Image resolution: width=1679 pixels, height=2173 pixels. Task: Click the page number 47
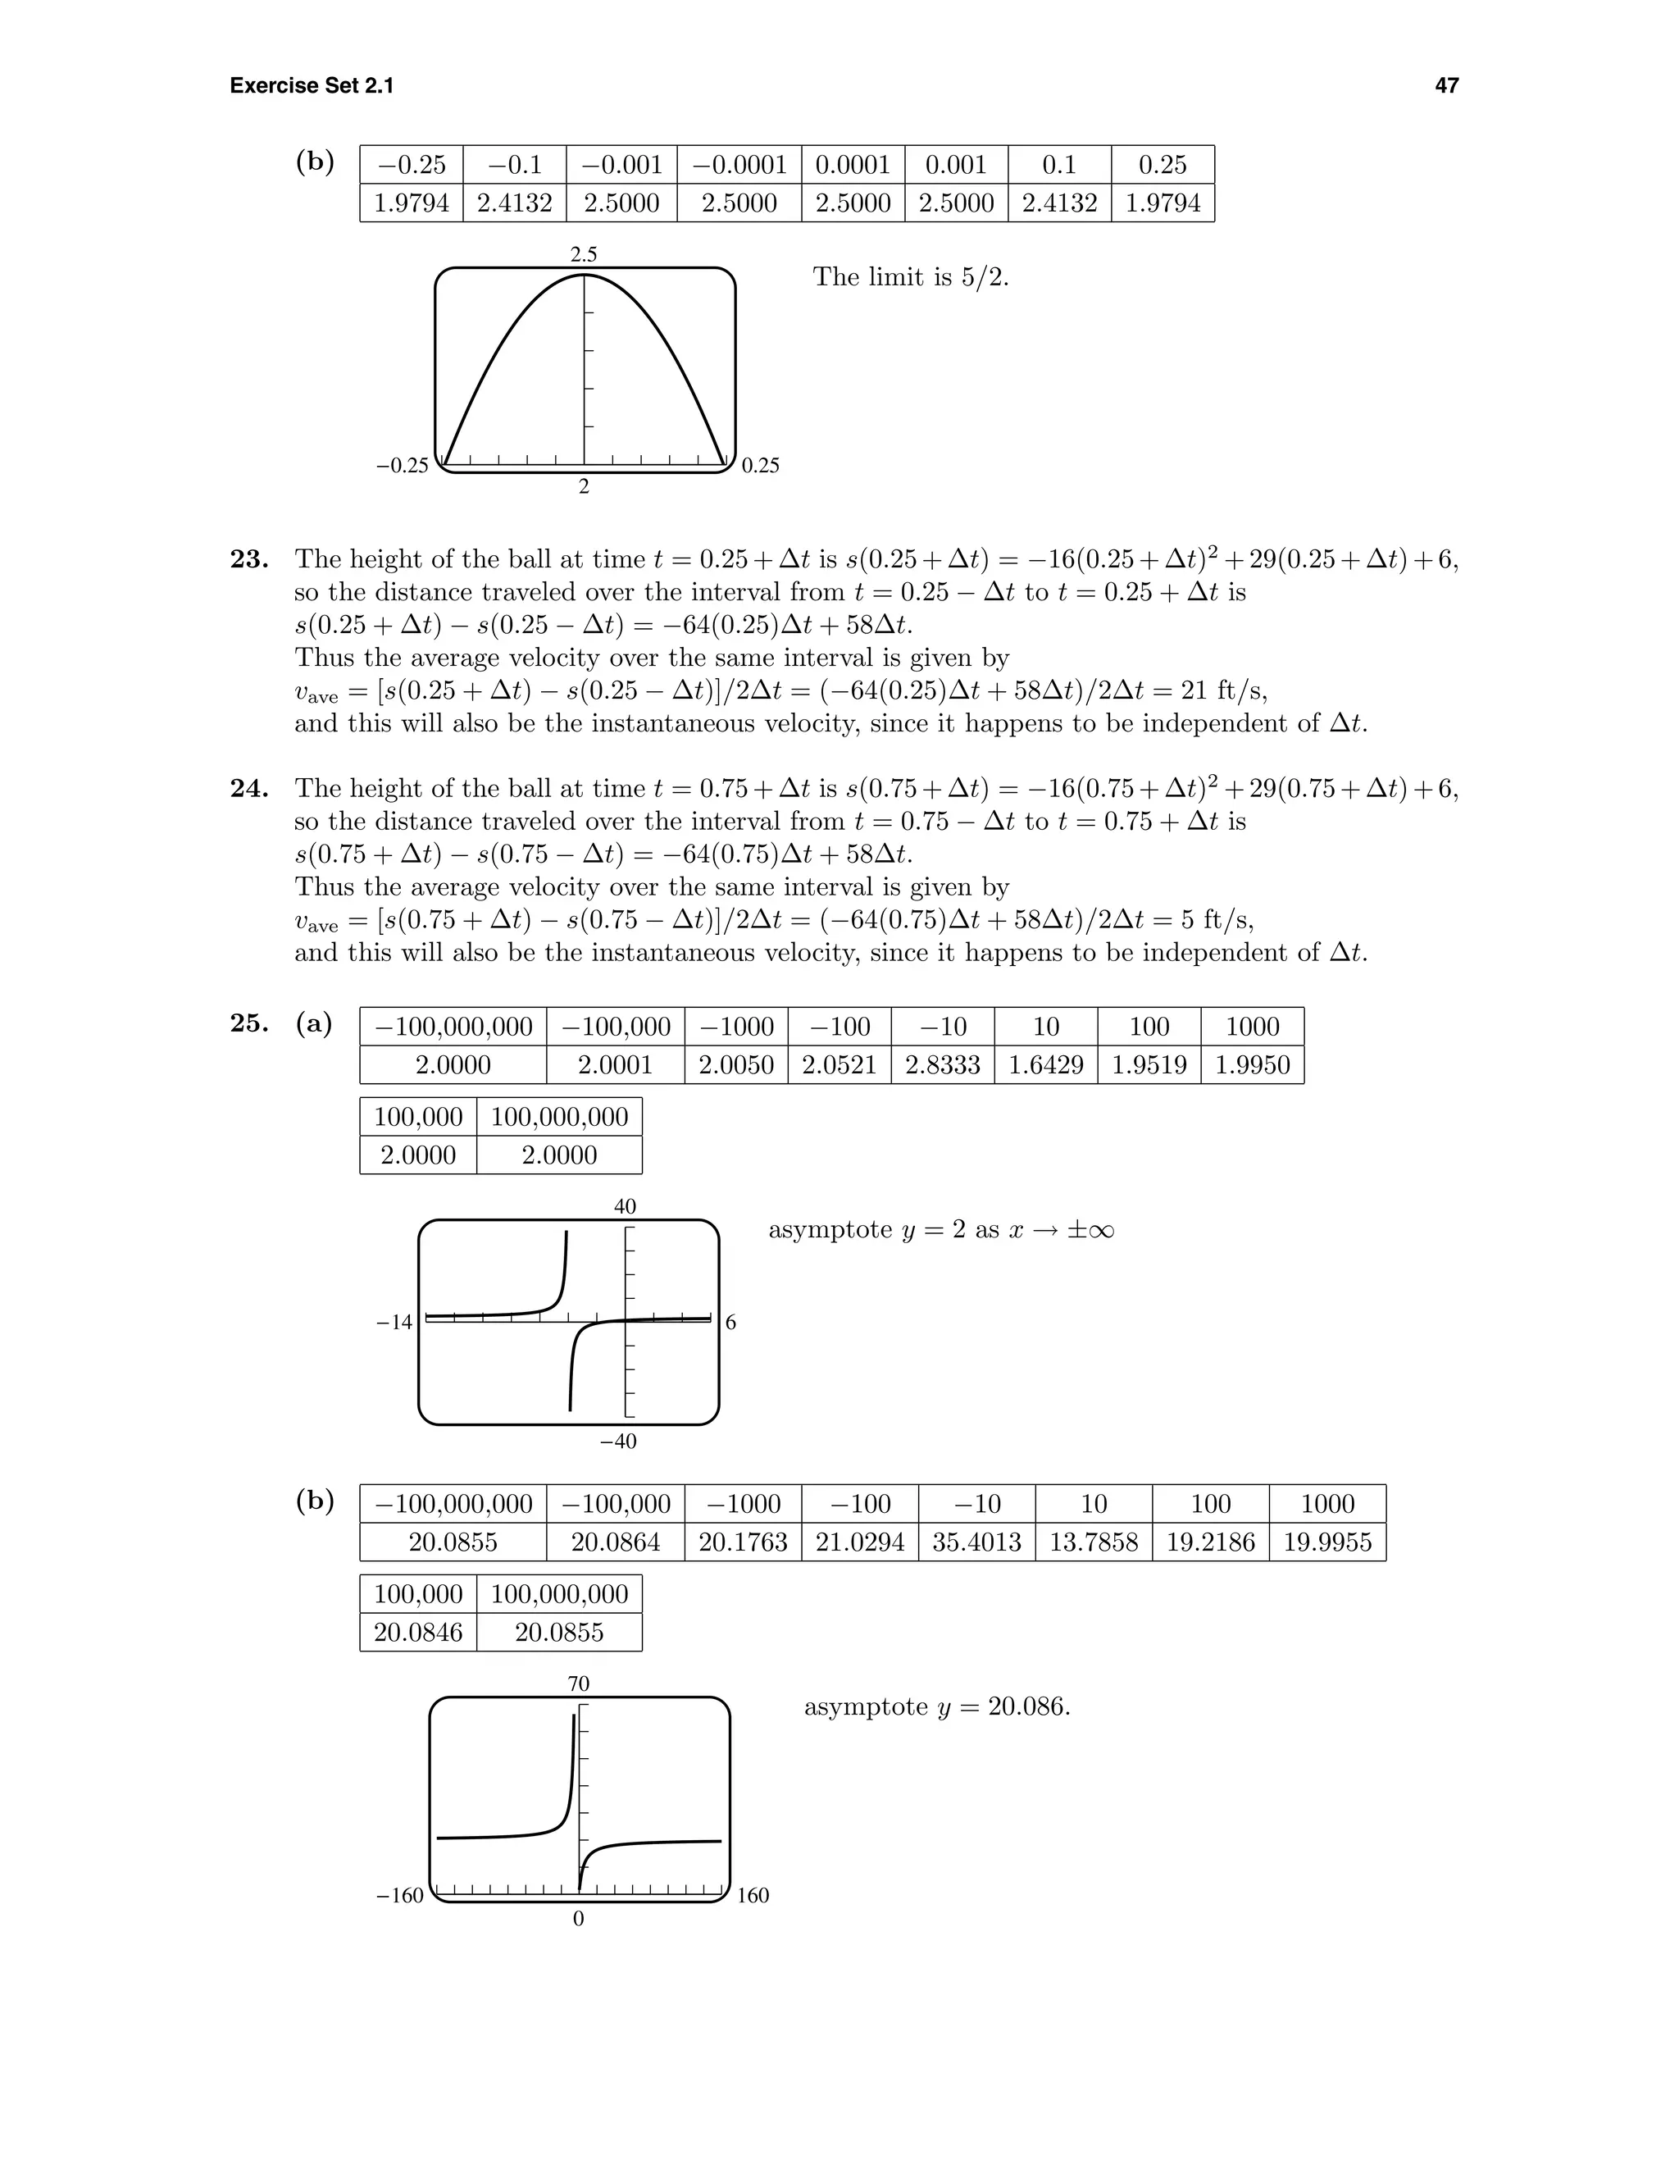point(1446,85)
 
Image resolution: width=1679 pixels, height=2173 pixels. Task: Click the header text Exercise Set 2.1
point(312,85)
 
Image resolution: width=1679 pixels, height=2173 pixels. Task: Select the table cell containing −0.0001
point(739,164)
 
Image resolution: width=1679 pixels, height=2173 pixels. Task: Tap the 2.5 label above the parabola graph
point(584,255)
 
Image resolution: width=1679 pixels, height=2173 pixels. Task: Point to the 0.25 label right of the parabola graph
point(761,466)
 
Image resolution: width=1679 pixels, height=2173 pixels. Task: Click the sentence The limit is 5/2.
point(910,276)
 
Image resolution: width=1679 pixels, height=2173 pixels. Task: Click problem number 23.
point(248,559)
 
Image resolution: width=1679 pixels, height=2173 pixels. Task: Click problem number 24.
point(248,788)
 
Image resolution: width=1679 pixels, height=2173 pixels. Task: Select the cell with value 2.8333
point(942,1064)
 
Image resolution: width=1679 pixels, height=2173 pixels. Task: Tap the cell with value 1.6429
point(1045,1064)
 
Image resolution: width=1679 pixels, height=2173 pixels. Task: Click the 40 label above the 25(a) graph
point(625,1207)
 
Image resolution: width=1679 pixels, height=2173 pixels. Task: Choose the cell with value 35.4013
point(976,1542)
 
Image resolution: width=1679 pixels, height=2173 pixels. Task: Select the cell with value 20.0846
point(418,1632)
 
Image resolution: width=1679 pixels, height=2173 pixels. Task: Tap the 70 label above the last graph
point(579,1683)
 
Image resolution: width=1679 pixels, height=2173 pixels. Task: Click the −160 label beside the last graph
point(400,1895)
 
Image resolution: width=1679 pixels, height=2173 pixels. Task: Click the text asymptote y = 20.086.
point(937,1707)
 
